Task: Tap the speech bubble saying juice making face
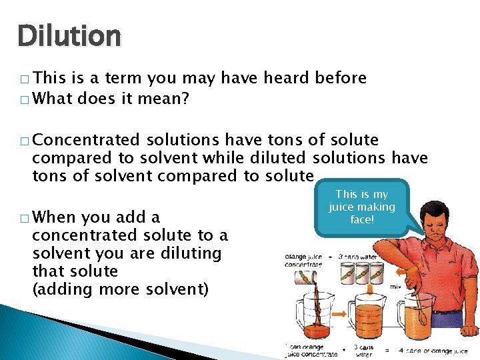(361, 207)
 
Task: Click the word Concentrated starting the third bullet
(86, 140)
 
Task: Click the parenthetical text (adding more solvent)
(120, 289)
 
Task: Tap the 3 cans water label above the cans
(363, 256)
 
